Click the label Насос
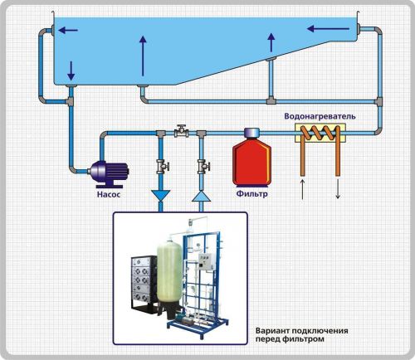click(109, 194)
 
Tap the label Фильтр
click(251, 193)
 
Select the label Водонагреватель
click(320, 116)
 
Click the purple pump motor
click(108, 173)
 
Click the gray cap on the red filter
click(251, 133)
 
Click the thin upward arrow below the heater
click(303, 189)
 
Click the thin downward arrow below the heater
click(338, 189)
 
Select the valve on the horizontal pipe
click(182, 132)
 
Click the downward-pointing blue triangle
click(160, 195)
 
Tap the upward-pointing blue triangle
click(201, 196)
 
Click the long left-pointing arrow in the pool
click(329, 28)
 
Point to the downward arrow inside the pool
click(71, 71)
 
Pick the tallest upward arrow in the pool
click(143, 56)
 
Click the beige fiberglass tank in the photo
click(169, 271)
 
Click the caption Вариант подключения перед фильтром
click(301, 335)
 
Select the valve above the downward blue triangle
click(162, 167)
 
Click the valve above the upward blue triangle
click(203, 167)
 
